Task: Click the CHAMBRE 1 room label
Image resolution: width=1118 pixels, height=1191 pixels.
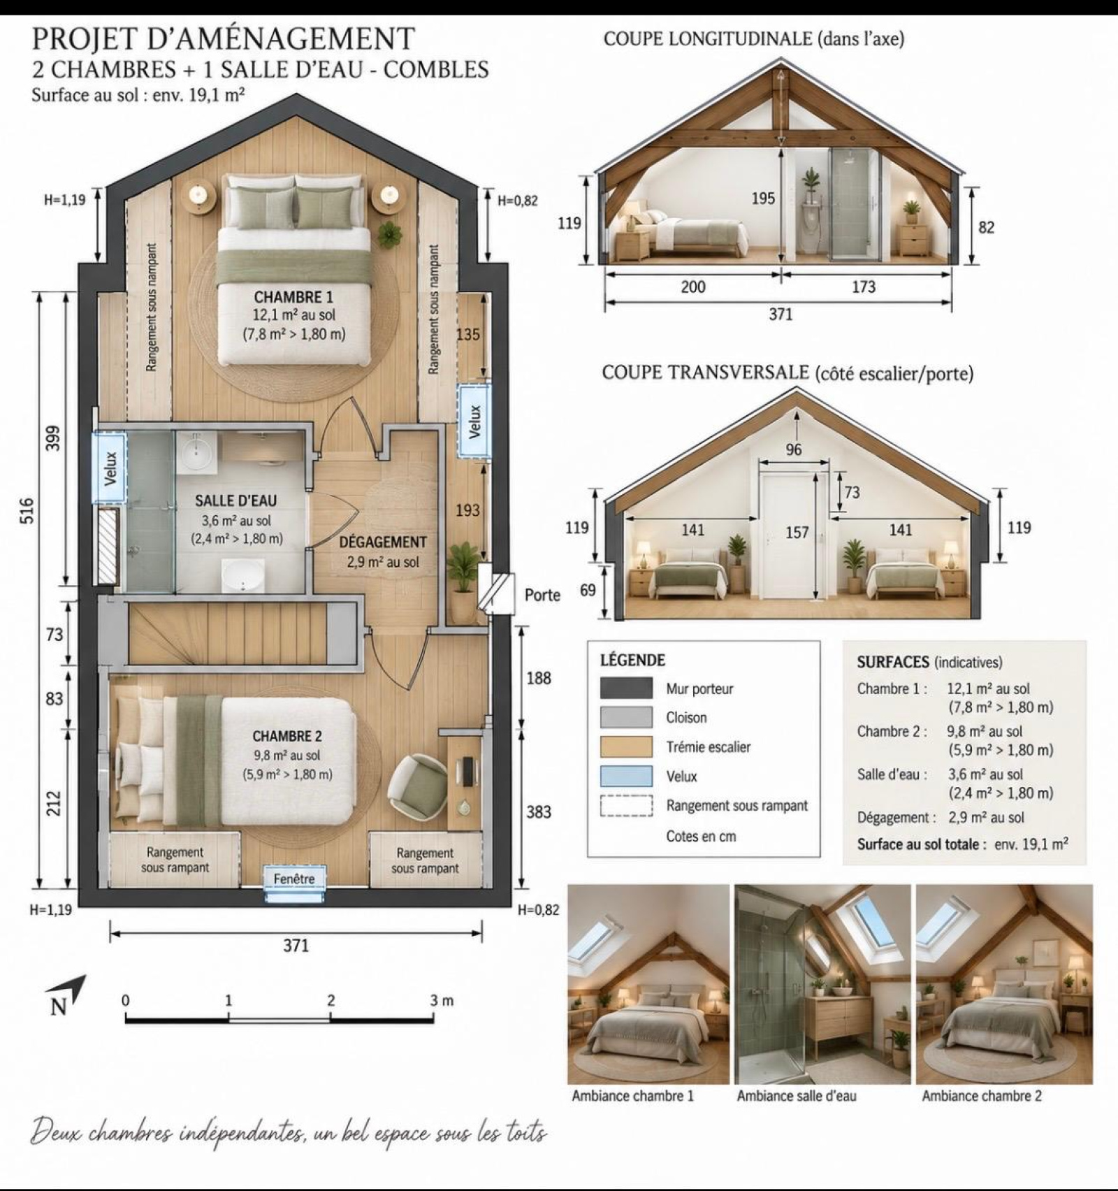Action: tap(293, 297)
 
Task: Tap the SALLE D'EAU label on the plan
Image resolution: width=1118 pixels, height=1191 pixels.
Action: tap(235, 500)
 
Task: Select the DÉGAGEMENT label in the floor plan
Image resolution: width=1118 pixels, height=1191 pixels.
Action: tap(383, 542)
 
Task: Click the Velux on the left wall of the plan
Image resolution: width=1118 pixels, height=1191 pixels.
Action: tap(110, 468)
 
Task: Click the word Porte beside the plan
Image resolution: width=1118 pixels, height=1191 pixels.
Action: tap(542, 595)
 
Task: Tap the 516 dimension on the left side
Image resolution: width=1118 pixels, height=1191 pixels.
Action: tap(27, 511)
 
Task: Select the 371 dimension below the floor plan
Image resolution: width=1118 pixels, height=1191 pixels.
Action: tap(296, 946)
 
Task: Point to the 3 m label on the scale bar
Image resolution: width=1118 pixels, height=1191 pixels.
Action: tap(442, 1001)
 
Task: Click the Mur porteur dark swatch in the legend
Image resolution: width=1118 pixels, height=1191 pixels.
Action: tap(627, 688)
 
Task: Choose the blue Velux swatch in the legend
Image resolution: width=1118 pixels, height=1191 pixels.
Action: tap(627, 777)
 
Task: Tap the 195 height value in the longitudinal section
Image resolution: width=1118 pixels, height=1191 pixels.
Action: tap(763, 198)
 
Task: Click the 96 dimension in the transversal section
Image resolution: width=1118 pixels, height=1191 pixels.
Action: tap(794, 449)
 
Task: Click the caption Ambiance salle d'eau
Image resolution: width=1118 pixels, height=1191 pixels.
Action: tap(796, 1096)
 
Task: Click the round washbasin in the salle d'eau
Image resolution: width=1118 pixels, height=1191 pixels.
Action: tap(194, 453)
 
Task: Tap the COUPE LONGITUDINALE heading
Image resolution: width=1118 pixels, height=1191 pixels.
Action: tap(706, 38)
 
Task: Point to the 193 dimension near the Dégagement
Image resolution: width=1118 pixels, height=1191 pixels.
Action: tap(467, 510)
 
